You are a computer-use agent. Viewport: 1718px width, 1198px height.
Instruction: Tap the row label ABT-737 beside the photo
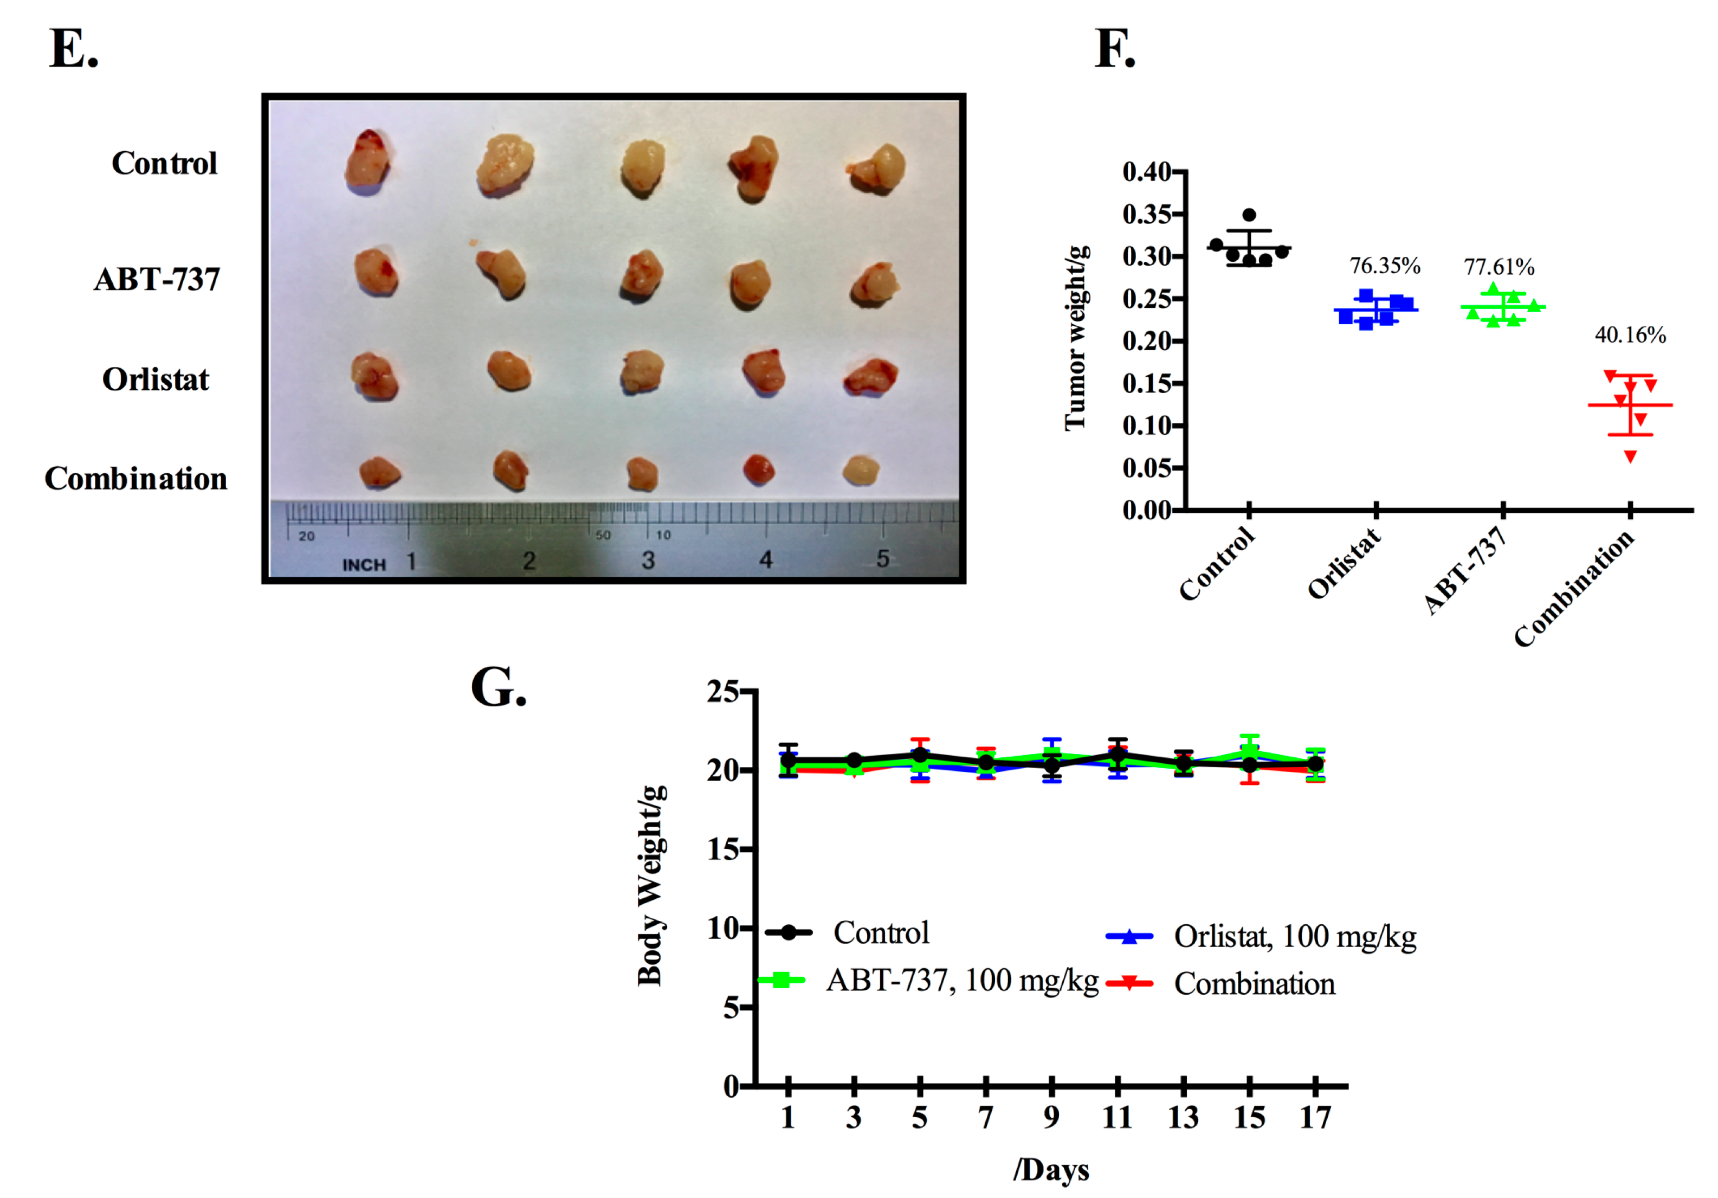point(157,279)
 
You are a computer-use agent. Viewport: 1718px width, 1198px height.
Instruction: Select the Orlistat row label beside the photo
point(156,379)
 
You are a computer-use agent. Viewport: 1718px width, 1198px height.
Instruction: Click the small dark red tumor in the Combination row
point(758,469)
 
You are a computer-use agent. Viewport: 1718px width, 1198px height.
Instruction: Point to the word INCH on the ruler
point(364,564)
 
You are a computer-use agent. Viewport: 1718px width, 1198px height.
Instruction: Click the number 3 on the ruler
point(648,560)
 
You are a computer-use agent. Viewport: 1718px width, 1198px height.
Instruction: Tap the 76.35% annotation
point(1384,266)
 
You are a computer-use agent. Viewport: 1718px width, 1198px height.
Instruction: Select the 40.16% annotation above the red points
point(1630,334)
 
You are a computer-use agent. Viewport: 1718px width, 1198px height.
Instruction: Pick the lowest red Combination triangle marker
point(1630,456)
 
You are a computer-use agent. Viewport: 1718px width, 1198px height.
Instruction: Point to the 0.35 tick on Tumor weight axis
point(1146,215)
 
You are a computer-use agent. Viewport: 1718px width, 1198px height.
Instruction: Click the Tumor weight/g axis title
point(1075,338)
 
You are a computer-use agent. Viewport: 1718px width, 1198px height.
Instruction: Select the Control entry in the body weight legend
point(881,932)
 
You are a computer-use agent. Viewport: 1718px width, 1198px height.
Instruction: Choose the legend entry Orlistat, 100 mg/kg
point(1295,936)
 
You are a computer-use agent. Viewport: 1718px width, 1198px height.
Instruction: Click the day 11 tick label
point(1117,1117)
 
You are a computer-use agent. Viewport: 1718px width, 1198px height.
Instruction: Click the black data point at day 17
point(1315,763)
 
